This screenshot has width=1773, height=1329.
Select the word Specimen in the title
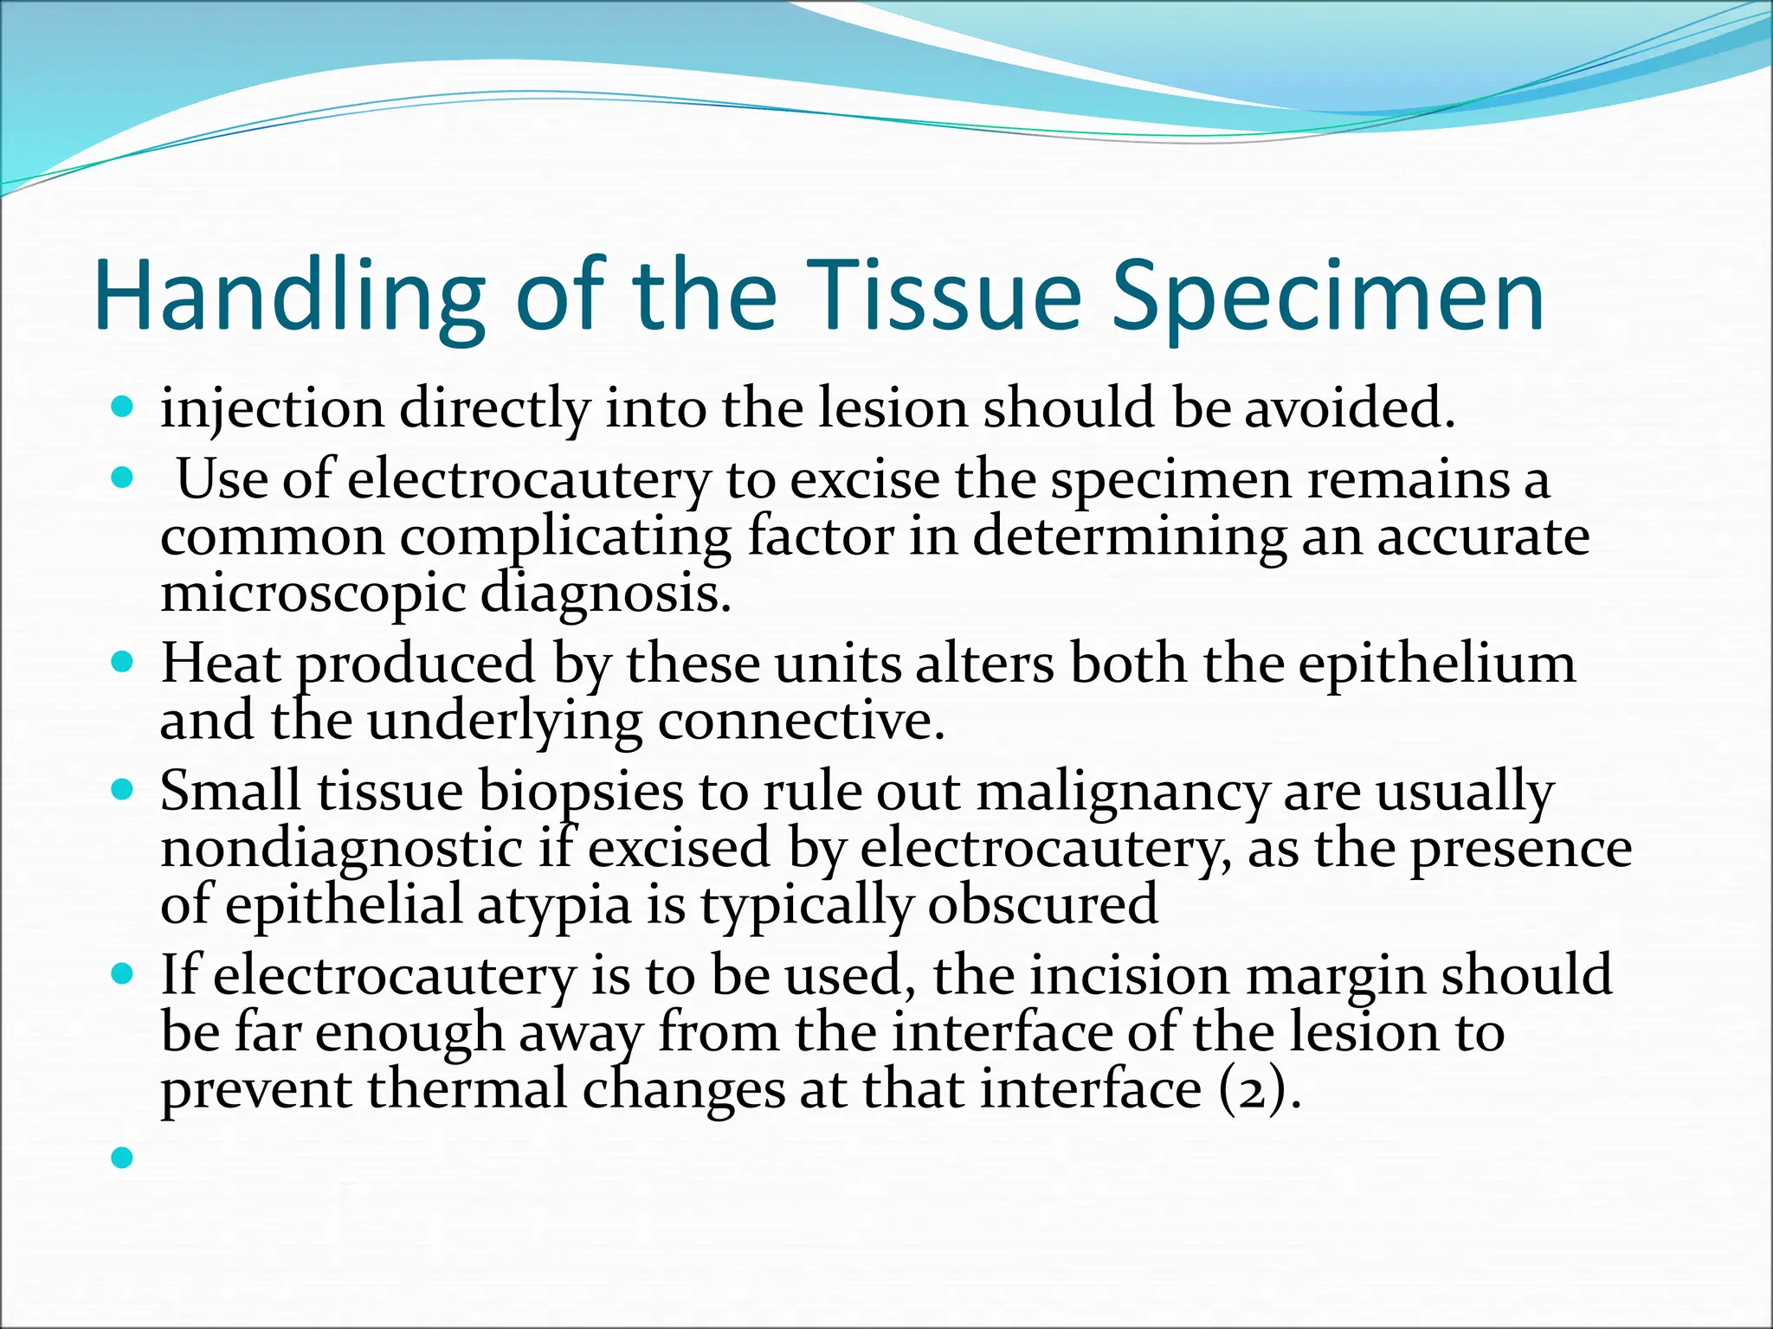[x=1328, y=297]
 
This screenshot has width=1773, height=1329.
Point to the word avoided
[x=1351, y=409]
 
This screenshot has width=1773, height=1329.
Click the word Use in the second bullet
[x=222, y=480]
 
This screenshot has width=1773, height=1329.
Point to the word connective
[x=801, y=722]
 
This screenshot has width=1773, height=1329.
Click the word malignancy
[x=1122, y=792]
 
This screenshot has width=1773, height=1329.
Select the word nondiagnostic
[x=342, y=849]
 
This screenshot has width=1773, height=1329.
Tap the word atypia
[x=554, y=906]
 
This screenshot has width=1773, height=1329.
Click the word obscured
[x=1042, y=906]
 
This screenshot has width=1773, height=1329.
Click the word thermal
[x=467, y=1090]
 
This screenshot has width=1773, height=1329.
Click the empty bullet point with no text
[x=123, y=1157]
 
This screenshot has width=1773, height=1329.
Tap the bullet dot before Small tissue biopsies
[x=123, y=790]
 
